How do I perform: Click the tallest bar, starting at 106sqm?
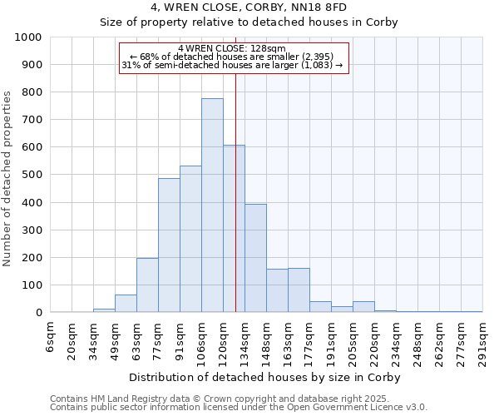pos(212,206)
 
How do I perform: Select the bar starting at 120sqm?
pos(234,229)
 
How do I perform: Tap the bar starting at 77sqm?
pos(169,245)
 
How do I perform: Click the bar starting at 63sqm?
pos(147,285)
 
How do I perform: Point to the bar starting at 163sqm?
pos(299,290)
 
